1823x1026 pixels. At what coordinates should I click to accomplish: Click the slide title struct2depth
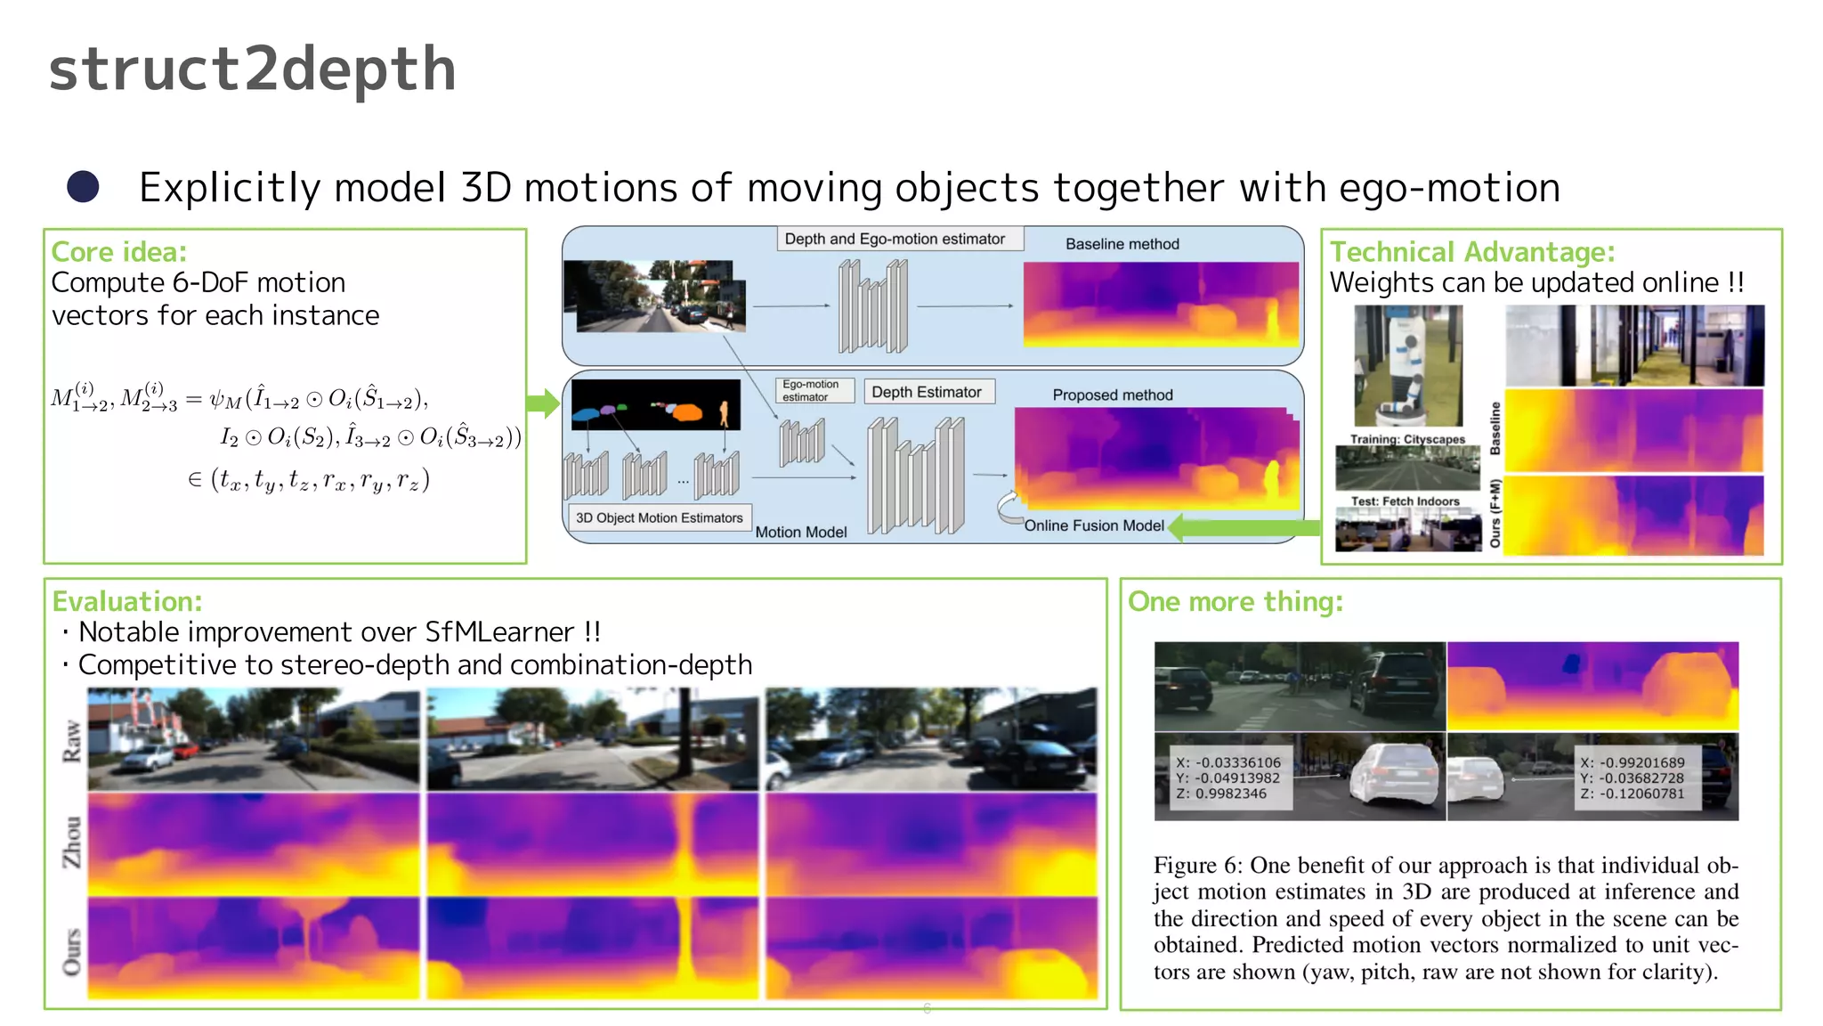coord(252,70)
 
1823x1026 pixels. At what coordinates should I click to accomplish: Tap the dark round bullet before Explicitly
coord(84,187)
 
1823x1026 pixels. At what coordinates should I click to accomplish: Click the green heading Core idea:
coord(118,252)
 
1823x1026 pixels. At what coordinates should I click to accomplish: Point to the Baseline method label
coord(1122,244)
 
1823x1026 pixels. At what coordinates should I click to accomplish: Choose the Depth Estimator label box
coord(928,392)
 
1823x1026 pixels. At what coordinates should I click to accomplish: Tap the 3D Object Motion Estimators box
coord(659,517)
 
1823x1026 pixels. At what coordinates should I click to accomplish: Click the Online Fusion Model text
coord(1093,525)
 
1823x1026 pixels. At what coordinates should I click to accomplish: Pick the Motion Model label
coord(801,532)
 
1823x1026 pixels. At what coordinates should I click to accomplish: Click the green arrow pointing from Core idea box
coord(542,403)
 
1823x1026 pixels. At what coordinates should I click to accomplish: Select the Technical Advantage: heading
coord(1472,252)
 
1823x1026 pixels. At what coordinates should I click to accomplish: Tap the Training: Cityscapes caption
coord(1407,439)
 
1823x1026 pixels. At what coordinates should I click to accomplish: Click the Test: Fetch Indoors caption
coord(1405,501)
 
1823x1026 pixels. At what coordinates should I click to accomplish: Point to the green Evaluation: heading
coord(127,601)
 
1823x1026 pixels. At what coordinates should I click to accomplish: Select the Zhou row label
coord(71,842)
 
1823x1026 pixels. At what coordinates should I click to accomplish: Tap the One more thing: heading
coord(1235,601)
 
